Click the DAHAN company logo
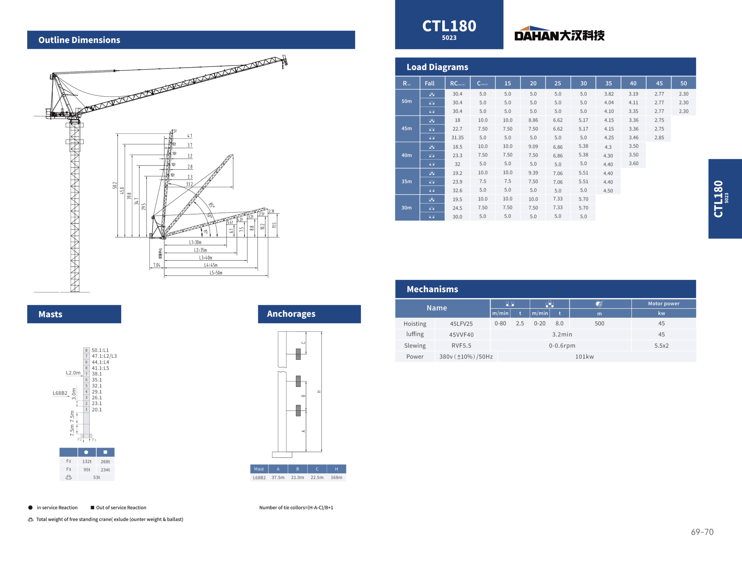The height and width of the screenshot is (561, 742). tap(559, 34)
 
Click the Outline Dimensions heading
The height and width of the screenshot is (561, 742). tap(79, 40)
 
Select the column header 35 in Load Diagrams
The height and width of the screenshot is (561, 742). tap(608, 83)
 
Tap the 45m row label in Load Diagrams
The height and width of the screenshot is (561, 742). tap(406, 129)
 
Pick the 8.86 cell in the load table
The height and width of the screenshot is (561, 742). tap(533, 120)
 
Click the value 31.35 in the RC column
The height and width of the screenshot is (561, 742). tap(457, 138)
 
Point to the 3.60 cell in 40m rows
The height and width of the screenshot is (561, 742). tap(633, 163)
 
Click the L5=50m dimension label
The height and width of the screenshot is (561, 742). tap(216, 273)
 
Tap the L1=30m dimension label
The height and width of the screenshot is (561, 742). tap(195, 242)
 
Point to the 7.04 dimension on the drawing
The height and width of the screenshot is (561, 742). tap(157, 265)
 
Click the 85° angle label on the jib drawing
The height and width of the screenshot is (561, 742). tap(212, 205)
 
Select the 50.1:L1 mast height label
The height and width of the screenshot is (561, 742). tap(100, 350)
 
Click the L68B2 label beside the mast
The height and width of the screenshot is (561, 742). tap(60, 393)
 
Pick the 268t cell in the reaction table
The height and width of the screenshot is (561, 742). tap(105, 462)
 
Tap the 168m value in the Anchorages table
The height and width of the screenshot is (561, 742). tap(336, 477)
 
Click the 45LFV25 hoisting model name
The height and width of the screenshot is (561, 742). tap(461, 324)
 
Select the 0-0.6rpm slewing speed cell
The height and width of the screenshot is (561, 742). tap(562, 345)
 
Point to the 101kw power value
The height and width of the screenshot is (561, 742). tap(584, 357)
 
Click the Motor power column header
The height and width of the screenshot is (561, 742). tap(663, 304)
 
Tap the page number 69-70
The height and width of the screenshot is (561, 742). tap(702, 532)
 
